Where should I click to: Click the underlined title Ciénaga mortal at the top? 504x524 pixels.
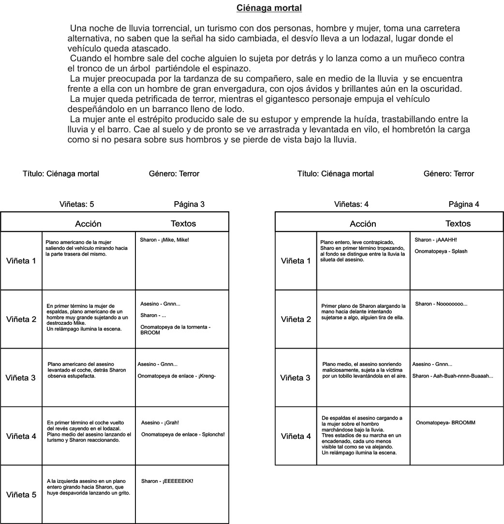[x=269, y=8]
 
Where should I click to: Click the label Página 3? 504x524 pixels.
[x=189, y=204]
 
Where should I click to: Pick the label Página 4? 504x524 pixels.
[x=464, y=204]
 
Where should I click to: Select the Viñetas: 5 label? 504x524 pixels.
[x=76, y=204]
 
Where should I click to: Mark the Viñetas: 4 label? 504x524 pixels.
[x=351, y=204]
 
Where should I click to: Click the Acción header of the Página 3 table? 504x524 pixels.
[x=88, y=224]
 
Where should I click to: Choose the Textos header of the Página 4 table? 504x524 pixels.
[x=458, y=223]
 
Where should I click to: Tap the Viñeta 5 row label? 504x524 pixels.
[x=21, y=495]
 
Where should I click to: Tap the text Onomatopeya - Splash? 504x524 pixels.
[x=441, y=251]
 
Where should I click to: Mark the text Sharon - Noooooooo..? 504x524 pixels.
[x=441, y=304]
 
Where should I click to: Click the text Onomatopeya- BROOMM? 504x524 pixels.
[x=445, y=423]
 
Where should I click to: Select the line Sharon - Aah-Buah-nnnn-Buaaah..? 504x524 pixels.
[x=453, y=376]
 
